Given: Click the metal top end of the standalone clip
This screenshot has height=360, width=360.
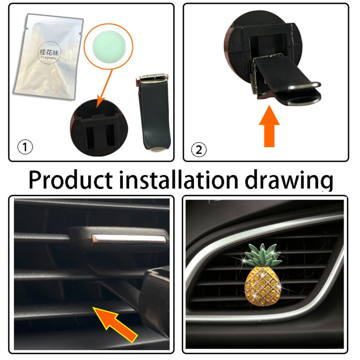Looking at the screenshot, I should (x=152, y=77).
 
